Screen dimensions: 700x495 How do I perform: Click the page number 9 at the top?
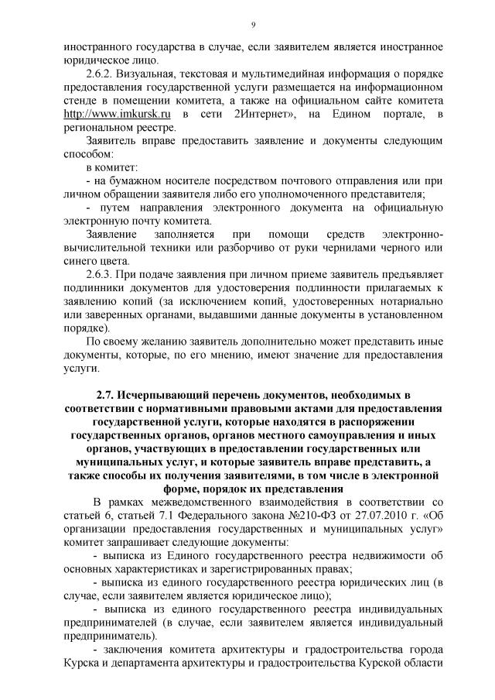coord(253,26)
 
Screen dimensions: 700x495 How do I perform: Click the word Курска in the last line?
coord(79,664)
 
